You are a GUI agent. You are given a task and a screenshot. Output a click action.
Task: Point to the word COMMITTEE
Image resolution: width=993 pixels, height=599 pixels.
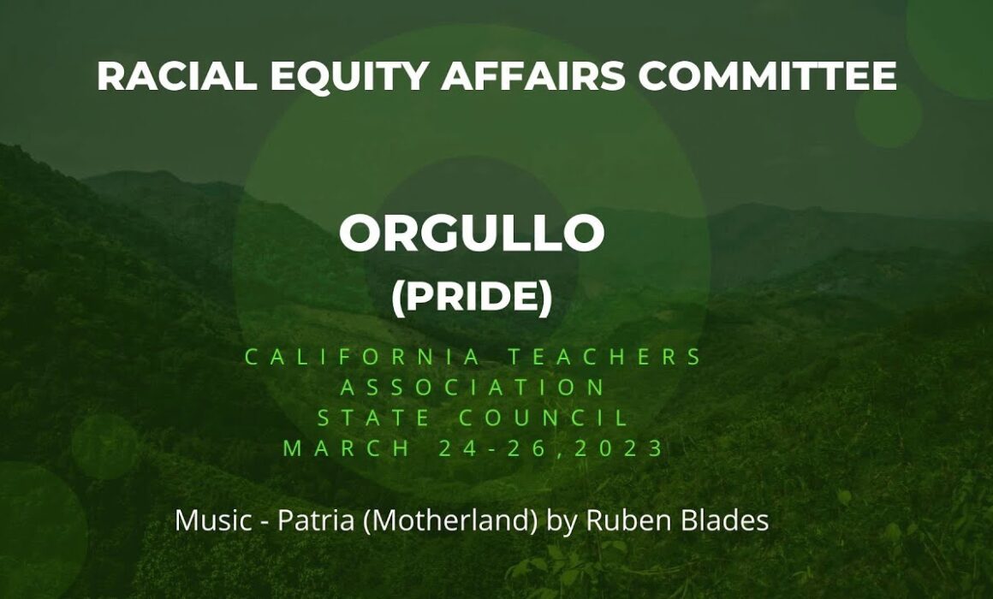coord(768,76)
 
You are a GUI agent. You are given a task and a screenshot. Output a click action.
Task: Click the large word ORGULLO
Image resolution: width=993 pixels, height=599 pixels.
coord(472,233)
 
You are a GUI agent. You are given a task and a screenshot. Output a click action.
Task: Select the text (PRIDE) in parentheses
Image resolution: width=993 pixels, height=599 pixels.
coord(472,296)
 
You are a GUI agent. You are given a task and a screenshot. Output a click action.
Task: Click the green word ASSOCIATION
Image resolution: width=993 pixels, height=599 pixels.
coord(473,388)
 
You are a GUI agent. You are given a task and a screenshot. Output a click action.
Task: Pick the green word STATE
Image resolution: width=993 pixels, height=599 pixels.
coord(372,418)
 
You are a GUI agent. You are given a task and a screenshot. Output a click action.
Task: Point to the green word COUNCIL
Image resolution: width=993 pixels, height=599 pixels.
coord(544,418)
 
